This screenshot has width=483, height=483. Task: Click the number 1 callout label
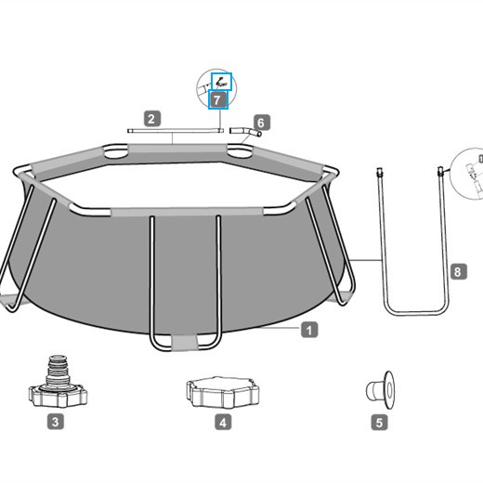[309, 330]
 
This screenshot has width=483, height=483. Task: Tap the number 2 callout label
[152, 119]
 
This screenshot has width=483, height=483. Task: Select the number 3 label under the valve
[56, 422]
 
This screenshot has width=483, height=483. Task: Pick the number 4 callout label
[223, 422]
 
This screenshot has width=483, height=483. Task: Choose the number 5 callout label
[379, 423]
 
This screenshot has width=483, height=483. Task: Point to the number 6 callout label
[262, 123]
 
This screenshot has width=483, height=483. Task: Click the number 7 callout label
[218, 99]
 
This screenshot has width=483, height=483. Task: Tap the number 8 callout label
[458, 272]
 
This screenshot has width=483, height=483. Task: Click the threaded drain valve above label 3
[58, 383]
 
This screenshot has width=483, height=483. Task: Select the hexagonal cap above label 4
[223, 392]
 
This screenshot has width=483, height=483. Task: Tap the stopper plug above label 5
[381, 390]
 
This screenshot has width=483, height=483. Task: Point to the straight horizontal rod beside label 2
[176, 131]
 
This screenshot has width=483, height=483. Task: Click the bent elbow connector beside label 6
[245, 131]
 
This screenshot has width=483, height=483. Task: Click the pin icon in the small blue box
[221, 82]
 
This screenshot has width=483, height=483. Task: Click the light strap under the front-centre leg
[185, 343]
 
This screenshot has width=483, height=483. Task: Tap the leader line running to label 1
[280, 328]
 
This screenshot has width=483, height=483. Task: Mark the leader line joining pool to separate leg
[365, 260]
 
